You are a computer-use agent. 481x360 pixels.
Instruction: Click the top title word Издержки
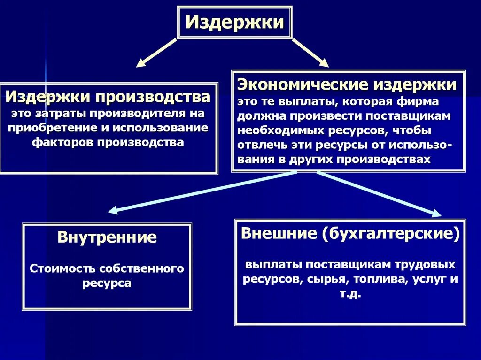click(234, 23)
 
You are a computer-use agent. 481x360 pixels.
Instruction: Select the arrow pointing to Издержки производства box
click(156, 52)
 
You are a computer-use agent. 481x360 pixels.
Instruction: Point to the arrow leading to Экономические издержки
click(310, 52)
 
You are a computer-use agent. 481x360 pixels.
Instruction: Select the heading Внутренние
click(107, 237)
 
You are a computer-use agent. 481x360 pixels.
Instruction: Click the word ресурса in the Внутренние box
click(107, 283)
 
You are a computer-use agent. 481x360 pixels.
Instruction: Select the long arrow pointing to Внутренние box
click(202, 192)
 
